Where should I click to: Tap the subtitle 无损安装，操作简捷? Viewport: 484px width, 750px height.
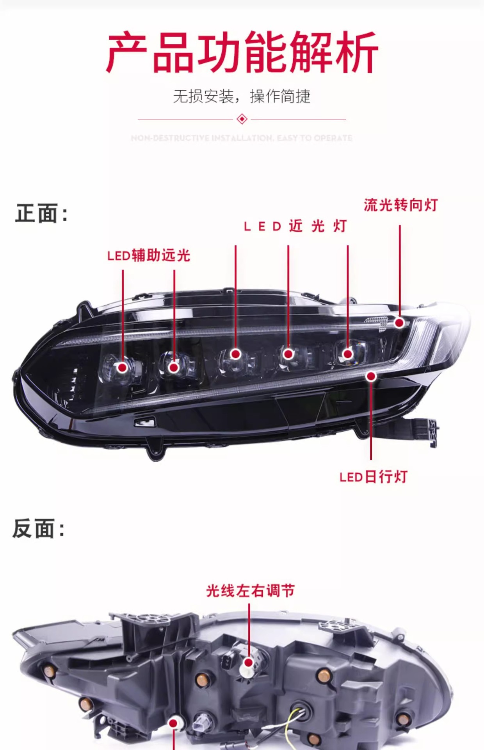(242, 96)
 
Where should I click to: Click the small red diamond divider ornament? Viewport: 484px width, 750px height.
(242, 119)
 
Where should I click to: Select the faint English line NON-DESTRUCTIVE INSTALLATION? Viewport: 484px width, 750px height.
(242, 138)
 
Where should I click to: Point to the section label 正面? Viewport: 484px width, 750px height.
(41, 213)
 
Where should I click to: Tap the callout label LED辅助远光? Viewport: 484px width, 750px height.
(148, 255)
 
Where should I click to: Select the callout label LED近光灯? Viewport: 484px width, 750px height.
(295, 226)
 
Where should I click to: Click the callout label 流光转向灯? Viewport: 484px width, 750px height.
(400, 205)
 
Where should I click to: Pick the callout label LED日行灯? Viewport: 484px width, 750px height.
(373, 477)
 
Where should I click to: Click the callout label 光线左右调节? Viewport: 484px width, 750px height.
(250, 591)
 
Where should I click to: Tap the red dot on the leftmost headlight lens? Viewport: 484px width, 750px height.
(123, 368)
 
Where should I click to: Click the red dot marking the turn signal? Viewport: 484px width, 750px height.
(399, 323)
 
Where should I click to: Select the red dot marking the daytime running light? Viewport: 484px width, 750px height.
(371, 376)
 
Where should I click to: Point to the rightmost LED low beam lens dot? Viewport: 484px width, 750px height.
(347, 354)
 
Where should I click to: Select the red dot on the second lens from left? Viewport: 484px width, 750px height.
(174, 367)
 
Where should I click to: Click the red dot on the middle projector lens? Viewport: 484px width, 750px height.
(235, 354)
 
